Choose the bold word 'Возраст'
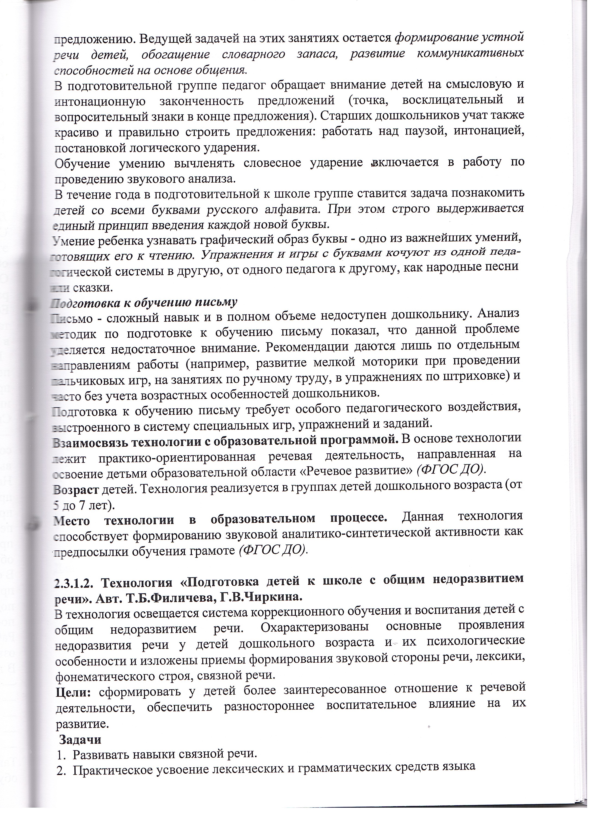[x=76, y=489]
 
